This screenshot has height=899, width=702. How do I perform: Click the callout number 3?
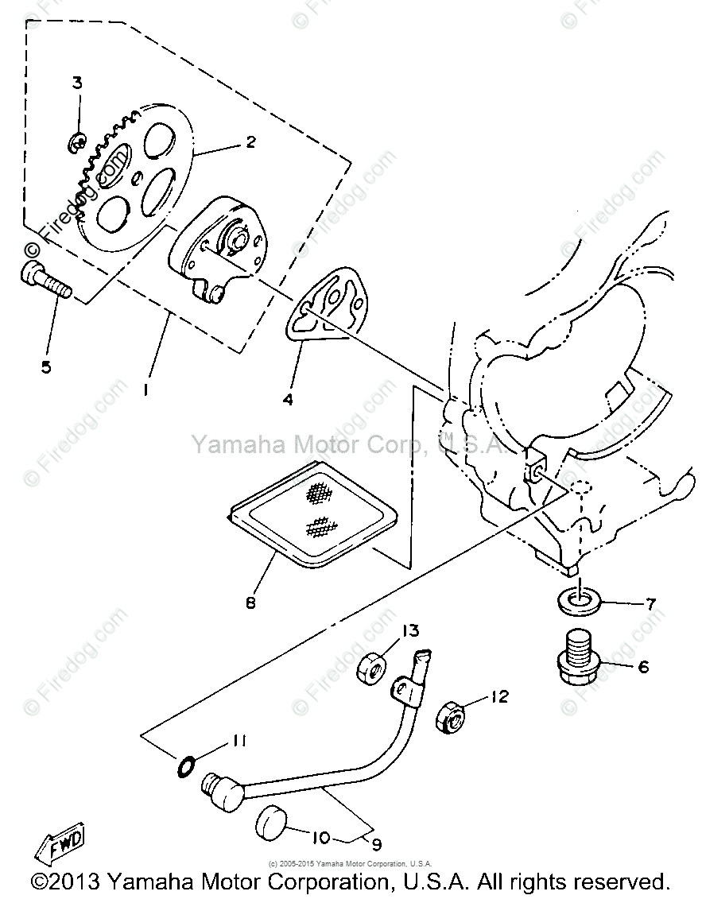click(x=77, y=83)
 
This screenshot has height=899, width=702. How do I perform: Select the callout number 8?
click(x=251, y=603)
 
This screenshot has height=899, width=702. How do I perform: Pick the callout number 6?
click(x=642, y=667)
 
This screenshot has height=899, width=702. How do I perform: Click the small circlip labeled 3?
click(x=76, y=144)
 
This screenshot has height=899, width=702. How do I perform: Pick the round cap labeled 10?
click(x=272, y=823)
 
